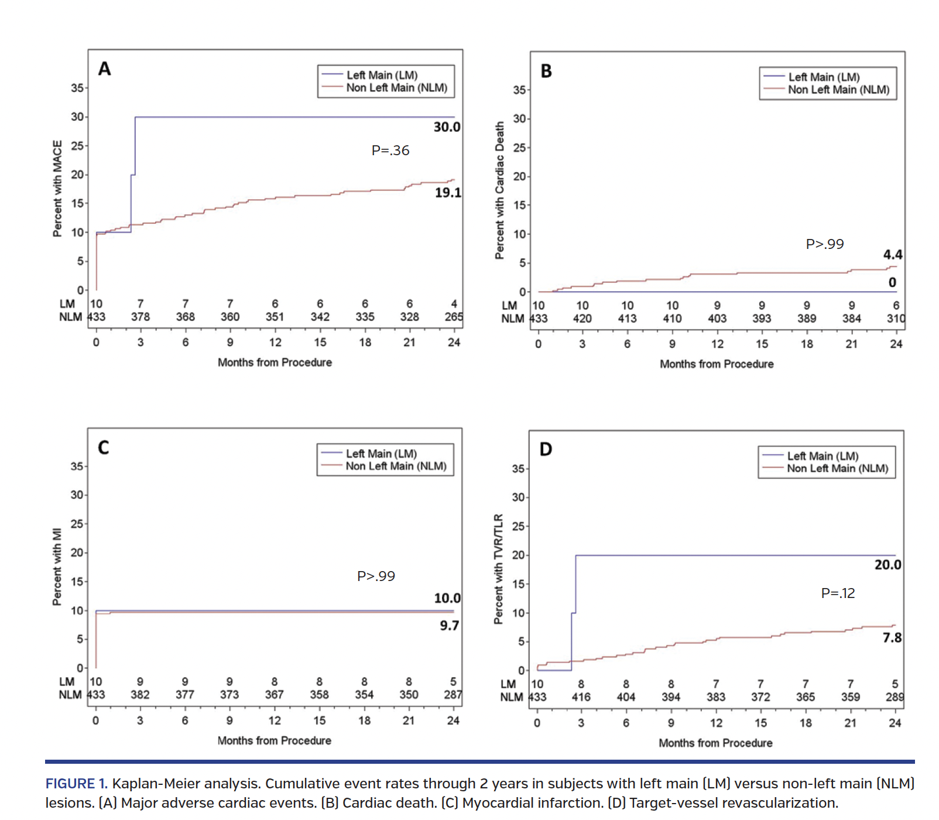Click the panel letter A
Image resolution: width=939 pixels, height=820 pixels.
[104, 69]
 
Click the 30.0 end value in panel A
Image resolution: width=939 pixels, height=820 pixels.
[447, 127]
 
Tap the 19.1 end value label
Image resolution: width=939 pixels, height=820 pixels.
[448, 193]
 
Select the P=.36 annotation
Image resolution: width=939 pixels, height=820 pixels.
[390, 151]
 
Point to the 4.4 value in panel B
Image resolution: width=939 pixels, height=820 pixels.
[893, 255]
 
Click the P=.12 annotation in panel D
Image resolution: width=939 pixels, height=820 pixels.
[838, 593]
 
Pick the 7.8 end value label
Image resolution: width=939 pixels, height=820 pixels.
[892, 638]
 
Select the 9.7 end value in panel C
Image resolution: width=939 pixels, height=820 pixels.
[450, 626]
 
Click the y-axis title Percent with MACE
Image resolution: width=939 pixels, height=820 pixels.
[57, 189]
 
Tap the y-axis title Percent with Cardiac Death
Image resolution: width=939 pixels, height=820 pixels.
[499, 190]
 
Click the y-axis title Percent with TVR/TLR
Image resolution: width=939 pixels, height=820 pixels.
[498, 569]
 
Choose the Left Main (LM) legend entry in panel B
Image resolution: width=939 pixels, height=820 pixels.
[824, 77]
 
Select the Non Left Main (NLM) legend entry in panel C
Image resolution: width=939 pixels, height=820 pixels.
[396, 466]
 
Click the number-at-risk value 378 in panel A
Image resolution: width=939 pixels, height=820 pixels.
[140, 317]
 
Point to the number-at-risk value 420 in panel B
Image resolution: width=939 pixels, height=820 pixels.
[582, 319]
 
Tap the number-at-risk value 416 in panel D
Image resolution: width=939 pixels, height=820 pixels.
[581, 697]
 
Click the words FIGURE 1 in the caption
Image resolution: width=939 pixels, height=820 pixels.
[77, 784]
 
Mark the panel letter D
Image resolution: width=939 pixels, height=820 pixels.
[546, 449]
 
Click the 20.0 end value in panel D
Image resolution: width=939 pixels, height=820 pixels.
[887, 565]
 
